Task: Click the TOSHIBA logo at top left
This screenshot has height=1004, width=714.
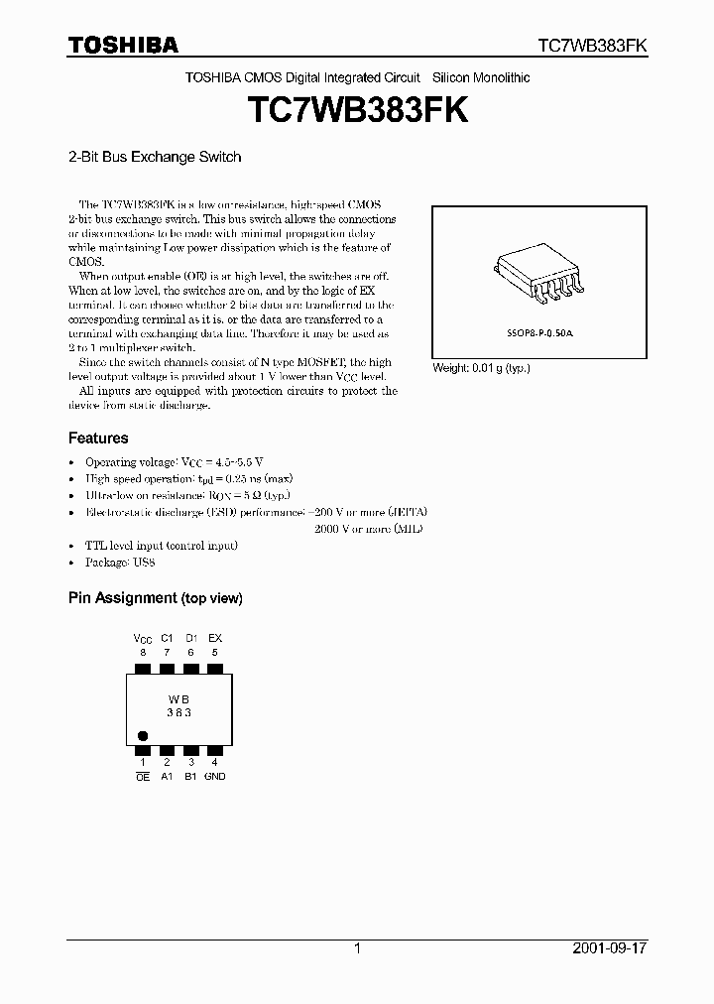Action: (123, 45)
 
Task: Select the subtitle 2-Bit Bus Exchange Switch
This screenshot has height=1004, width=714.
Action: (155, 157)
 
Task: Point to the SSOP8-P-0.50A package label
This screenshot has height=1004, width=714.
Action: (539, 335)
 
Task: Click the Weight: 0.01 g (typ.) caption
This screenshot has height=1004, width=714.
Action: (481, 368)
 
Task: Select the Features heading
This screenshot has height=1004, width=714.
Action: (98, 438)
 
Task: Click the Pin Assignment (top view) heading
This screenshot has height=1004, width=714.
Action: (155, 598)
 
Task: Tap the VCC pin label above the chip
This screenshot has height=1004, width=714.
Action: (142, 638)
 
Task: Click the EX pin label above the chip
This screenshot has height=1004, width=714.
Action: (215, 638)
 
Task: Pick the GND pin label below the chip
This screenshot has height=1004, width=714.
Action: (215, 777)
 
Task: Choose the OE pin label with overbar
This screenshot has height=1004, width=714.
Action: (142, 777)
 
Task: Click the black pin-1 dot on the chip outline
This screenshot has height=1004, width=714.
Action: (142, 736)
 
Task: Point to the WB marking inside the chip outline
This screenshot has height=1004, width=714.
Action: (178, 698)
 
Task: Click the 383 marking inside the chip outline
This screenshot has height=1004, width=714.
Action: (178, 712)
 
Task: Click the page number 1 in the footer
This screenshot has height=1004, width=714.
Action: (357, 948)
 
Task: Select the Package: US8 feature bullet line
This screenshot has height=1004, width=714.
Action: (119, 563)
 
